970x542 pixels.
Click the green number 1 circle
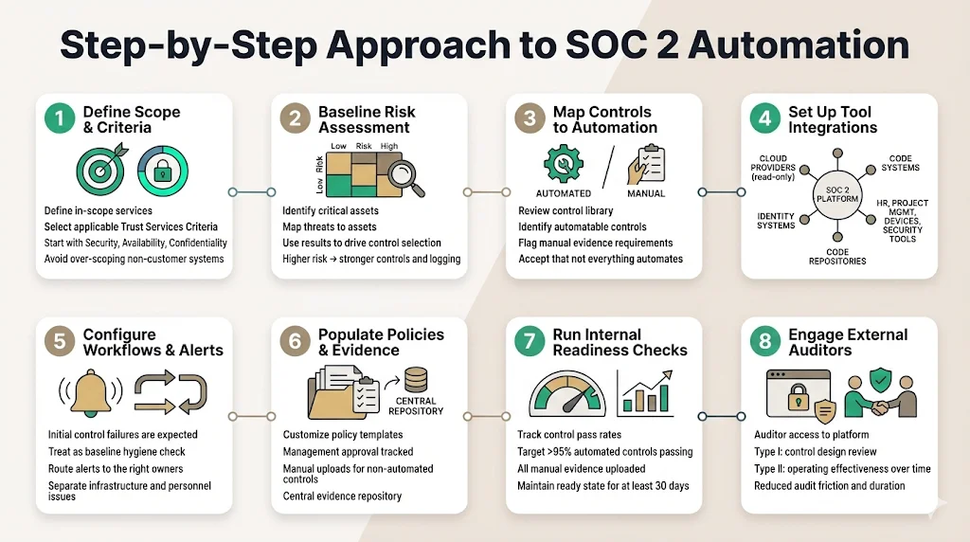tap(59, 118)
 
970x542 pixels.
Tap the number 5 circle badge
tap(59, 342)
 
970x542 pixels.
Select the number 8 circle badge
tap(764, 342)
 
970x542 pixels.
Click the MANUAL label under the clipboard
tap(646, 193)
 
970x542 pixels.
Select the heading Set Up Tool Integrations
tap(833, 119)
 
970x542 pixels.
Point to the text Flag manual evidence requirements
tap(595, 243)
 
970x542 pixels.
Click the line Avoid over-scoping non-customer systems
tap(134, 259)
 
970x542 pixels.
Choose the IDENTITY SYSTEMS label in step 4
tap(776, 221)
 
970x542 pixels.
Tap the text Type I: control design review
tap(815, 452)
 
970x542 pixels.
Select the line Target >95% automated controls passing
tap(604, 452)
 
